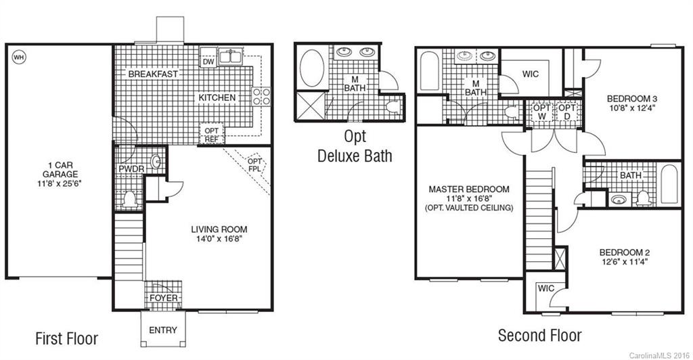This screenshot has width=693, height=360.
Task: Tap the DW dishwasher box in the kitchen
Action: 208,62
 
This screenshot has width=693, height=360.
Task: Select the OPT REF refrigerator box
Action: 210,135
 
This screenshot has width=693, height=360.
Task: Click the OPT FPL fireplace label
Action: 254,165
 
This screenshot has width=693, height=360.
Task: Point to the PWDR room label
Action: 131,168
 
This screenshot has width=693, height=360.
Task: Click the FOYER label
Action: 163,298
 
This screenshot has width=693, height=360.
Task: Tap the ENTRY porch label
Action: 162,330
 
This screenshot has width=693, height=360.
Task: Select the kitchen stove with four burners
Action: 261,96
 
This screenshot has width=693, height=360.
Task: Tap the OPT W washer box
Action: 541,112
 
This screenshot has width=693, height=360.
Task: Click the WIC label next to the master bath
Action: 531,74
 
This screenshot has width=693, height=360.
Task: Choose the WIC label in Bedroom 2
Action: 546,288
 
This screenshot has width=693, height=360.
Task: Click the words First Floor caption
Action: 66,338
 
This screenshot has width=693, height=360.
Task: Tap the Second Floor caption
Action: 539,335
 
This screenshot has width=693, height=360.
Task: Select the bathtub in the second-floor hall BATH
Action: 670,183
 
